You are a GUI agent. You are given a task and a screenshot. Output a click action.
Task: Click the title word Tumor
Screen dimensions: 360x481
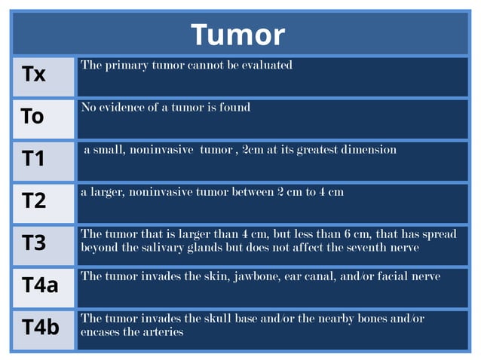pos(237,35)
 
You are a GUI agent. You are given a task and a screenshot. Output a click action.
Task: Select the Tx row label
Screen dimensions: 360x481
pos(34,75)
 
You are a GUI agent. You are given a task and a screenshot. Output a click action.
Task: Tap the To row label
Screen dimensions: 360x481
pos(32,117)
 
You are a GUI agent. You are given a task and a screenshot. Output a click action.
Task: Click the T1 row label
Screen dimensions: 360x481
pos(34,159)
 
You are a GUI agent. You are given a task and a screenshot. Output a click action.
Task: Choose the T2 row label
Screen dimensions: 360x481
pos(34,201)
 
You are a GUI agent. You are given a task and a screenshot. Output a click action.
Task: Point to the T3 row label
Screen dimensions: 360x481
pos(34,243)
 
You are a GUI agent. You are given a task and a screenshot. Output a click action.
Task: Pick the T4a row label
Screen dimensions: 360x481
pos(40,285)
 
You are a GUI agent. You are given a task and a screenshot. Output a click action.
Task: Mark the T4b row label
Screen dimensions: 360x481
pos(41,328)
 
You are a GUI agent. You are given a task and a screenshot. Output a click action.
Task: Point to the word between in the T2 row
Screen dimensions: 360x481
pos(252,192)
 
